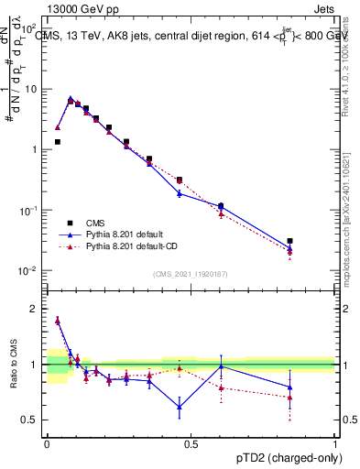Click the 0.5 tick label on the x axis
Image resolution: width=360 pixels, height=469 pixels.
[191, 443]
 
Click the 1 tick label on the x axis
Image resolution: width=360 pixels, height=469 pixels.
[335, 443]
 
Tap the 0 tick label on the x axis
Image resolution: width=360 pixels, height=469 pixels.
[47, 443]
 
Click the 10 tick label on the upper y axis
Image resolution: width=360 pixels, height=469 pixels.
[31, 90]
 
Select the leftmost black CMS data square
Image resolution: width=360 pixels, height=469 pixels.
[57, 142]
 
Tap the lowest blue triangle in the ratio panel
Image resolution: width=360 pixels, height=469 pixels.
[180, 407]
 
